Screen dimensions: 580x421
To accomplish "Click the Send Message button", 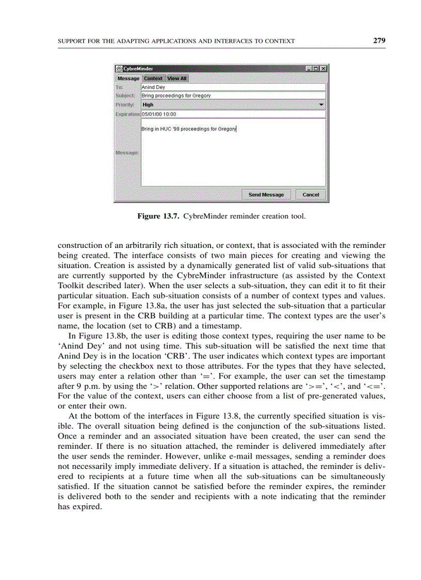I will (266, 195).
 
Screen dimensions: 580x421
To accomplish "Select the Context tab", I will (153, 79).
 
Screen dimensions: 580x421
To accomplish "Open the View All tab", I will (177, 79).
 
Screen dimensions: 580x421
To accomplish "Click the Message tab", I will (128, 79).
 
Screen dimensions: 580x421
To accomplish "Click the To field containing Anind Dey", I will (233, 87).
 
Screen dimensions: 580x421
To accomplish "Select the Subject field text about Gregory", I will (176, 96).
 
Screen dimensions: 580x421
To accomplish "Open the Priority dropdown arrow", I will (321, 104).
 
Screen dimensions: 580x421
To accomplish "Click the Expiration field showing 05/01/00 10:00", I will (233, 114).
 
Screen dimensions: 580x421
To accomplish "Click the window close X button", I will (323, 69).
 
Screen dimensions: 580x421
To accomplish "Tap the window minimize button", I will (309, 69).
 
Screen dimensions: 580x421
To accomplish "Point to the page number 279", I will (380, 40).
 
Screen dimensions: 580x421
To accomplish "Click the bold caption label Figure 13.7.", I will (158, 216).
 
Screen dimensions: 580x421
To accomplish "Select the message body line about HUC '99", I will (188, 129).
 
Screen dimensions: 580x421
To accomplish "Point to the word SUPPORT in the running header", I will (72, 41).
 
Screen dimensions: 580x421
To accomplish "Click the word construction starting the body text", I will (80, 246).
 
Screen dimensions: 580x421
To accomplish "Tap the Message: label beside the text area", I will (126, 153).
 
